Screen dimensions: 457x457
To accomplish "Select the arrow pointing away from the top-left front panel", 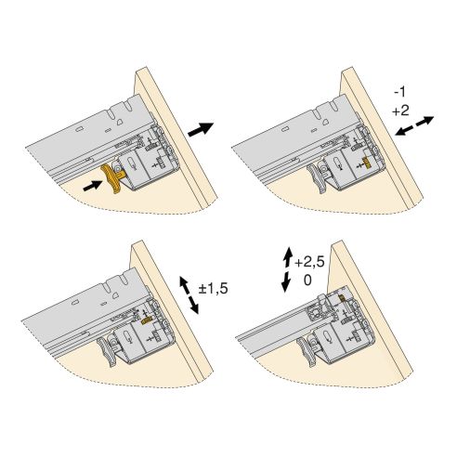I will coord(201,130).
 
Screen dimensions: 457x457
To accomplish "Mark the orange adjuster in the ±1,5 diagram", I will coord(148,321).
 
